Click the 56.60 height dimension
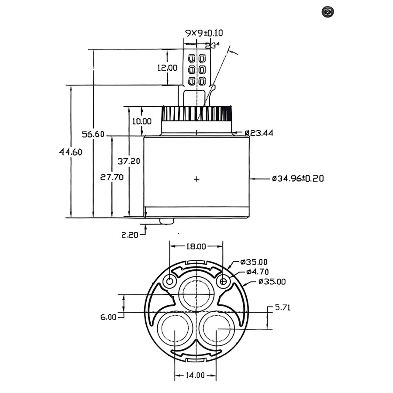(x=93, y=134)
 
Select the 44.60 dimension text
(x=71, y=152)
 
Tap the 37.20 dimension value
(x=129, y=161)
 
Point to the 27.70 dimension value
(x=112, y=177)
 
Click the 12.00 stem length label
(x=167, y=68)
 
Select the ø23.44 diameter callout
(x=259, y=133)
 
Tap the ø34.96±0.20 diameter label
(x=298, y=178)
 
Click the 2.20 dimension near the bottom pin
(x=130, y=235)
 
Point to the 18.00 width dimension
(x=196, y=246)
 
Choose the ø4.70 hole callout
(x=256, y=272)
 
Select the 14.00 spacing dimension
(x=195, y=375)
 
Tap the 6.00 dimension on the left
(x=108, y=317)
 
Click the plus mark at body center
(x=196, y=179)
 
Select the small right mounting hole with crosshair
(x=223, y=282)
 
